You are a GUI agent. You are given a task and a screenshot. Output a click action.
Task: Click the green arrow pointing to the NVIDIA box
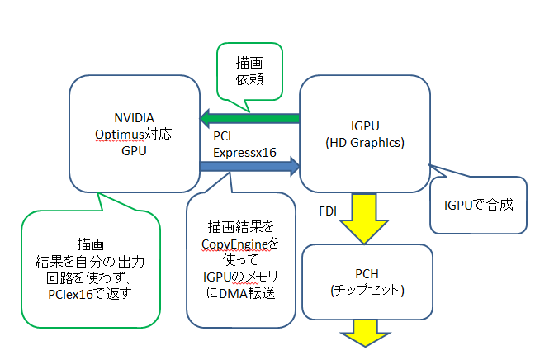(x=248, y=119)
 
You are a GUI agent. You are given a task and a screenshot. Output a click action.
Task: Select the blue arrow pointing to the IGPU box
(x=248, y=168)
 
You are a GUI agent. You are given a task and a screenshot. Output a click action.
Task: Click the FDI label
(x=328, y=211)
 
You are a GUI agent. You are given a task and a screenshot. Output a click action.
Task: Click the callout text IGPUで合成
(x=478, y=204)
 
